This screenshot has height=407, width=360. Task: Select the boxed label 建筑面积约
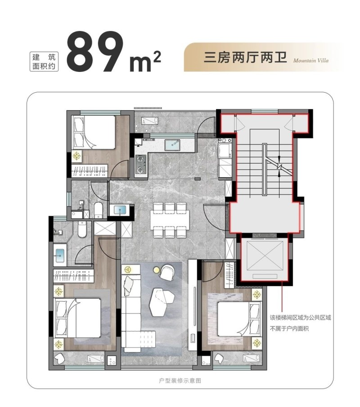pyautogui.click(x=44, y=62)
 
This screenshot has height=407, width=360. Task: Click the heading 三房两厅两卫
pyautogui.click(x=245, y=58)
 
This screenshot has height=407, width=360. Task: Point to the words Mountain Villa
pyautogui.click(x=311, y=60)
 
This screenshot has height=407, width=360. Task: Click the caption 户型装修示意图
pyautogui.click(x=180, y=380)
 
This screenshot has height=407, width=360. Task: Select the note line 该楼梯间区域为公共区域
pyautogui.click(x=301, y=318)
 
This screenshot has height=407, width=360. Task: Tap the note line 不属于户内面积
pyautogui.click(x=289, y=329)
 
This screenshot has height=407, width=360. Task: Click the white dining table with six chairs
pyautogui.click(x=170, y=220)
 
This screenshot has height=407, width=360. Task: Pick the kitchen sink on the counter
pyautogui.click(x=172, y=145)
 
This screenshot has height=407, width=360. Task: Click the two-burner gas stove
pyautogui.click(x=141, y=164)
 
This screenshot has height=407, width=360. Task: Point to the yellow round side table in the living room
pyautogui.click(x=156, y=270)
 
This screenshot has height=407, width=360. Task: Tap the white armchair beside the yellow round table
pyautogui.click(x=167, y=273)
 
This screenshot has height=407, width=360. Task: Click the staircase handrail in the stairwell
pyautogui.click(x=265, y=170)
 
